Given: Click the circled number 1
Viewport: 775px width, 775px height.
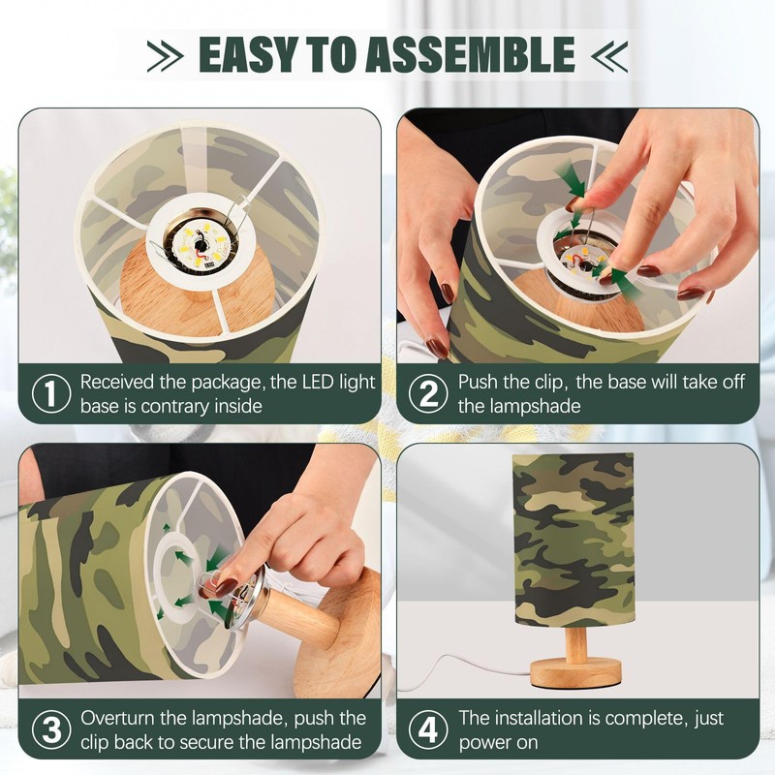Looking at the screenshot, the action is pos(51,393).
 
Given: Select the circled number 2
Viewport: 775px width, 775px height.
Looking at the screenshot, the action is pos(428,393).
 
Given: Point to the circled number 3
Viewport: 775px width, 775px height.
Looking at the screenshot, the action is pos(51,729).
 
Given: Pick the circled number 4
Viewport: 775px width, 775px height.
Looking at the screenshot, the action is pos(428,729).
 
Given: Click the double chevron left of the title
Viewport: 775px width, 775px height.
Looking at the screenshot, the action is pos(165,55).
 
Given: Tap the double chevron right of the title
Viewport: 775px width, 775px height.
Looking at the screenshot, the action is pos(609,55).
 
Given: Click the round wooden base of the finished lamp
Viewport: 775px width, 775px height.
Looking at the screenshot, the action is pos(575,672).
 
